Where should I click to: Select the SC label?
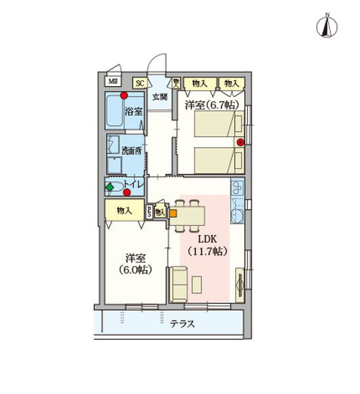pyautogui.click(x=140, y=83)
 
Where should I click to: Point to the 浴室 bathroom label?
pyautogui.click(x=134, y=112)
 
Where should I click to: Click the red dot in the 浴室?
pyautogui.click(x=123, y=97)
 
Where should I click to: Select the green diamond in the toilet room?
pyautogui.click(x=110, y=187)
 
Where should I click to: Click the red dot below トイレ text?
pyautogui.click(x=135, y=193)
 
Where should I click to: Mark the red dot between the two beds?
pyautogui.click(x=240, y=142)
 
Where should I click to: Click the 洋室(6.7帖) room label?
pyautogui.click(x=210, y=105)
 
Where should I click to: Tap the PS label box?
pyautogui.click(x=150, y=211)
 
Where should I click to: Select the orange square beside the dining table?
pyautogui.click(x=173, y=212)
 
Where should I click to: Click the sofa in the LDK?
pyautogui.click(x=178, y=284)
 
